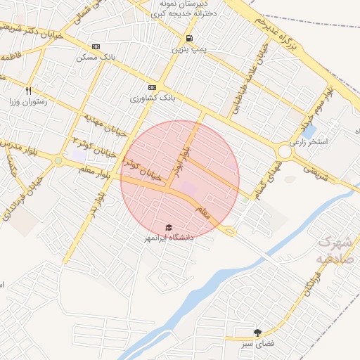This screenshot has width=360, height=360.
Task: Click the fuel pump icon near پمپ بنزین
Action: pos(188,39)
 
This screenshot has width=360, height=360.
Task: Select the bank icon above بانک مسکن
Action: pos(96,46)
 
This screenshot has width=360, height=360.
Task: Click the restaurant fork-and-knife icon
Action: pos(29,91)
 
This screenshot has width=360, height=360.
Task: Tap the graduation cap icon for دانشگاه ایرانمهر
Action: pos(168,227)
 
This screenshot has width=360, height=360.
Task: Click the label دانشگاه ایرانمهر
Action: pos(169,238)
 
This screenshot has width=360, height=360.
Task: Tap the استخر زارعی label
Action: pos(331,141)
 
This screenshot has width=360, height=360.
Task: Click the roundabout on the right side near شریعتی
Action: pos(285,151)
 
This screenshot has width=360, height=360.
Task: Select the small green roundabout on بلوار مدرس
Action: pos(58,161)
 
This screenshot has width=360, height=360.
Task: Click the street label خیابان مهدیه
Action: pos(105,124)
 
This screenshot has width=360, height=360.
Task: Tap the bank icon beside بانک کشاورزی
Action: pos(153,88)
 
